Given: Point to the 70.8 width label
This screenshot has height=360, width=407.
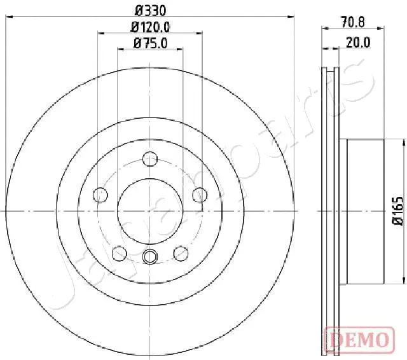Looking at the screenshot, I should pos(352,22).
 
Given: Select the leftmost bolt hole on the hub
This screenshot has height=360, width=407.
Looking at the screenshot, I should pos(100,194).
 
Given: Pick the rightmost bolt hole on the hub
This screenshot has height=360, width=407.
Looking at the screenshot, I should pos(200,194).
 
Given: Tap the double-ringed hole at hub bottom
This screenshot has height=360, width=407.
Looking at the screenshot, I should pos(150,256).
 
